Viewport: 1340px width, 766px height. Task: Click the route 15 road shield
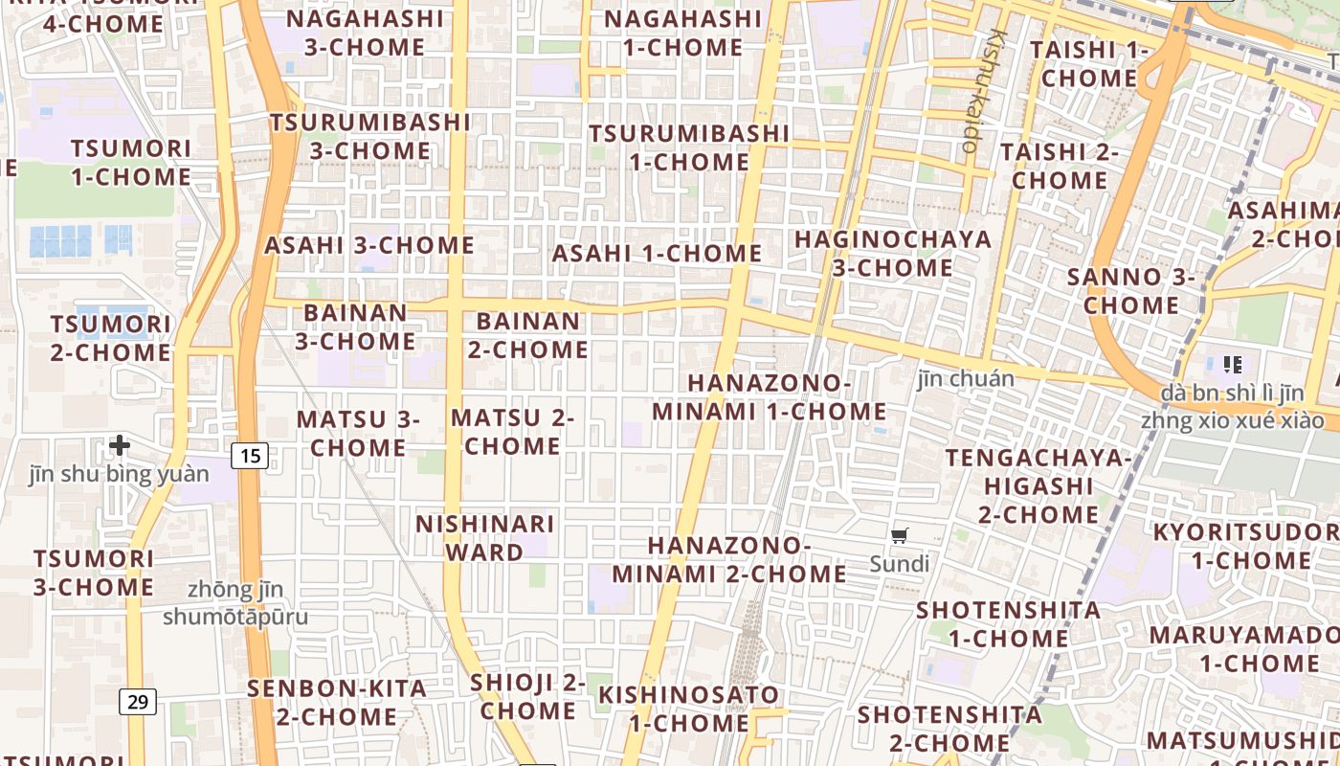250,456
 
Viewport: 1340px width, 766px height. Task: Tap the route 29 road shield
138,702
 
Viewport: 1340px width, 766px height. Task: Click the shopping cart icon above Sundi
899,536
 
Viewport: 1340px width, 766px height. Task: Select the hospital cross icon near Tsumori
120,445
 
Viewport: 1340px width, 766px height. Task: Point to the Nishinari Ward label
485,538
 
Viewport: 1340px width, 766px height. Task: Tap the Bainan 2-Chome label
528,335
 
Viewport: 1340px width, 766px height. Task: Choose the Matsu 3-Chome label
358,433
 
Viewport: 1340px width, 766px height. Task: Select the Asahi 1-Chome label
657,254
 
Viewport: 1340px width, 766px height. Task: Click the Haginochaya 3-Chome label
892,254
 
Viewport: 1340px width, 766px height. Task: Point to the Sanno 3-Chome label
1131,291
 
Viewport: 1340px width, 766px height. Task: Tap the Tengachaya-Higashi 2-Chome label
1038,485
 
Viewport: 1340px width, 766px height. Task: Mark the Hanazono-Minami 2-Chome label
729,559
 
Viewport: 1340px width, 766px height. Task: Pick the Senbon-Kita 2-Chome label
337,702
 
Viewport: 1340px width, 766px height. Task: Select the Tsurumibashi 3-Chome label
369,136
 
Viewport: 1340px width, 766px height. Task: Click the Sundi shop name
899,564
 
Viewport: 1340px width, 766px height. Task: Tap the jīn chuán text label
966,379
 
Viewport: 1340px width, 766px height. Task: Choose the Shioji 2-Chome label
527,696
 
